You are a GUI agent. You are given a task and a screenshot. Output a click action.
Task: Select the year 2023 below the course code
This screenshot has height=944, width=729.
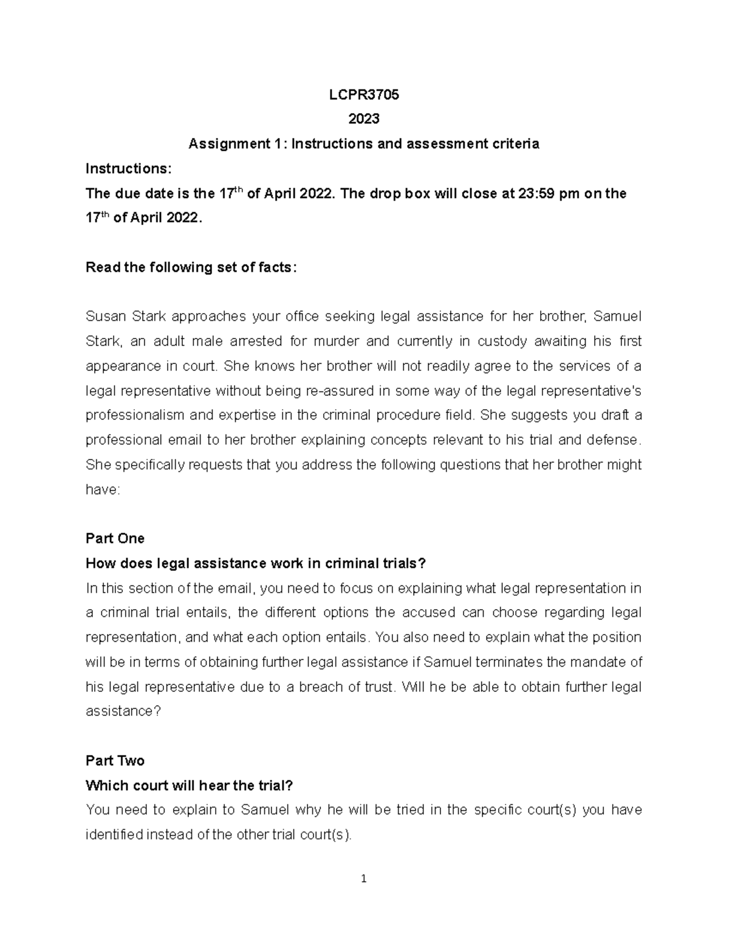tap(363, 119)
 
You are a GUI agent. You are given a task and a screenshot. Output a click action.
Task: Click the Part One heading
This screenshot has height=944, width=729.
tap(115, 539)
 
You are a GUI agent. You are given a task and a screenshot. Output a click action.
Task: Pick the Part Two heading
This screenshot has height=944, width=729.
tap(115, 761)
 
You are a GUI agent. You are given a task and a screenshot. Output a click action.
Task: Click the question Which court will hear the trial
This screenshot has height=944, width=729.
tap(189, 785)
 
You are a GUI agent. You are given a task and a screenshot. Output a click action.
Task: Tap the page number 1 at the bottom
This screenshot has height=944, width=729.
tap(363, 878)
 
